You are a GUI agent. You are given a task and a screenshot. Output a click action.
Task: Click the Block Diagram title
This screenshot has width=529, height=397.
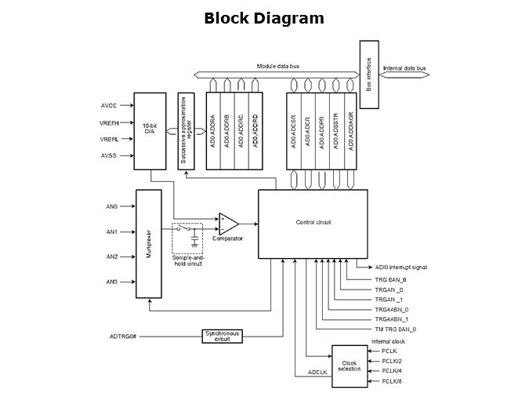(264, 18)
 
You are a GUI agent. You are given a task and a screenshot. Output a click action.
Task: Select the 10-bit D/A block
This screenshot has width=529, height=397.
(150, 131)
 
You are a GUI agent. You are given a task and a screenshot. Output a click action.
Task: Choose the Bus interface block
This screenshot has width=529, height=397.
(368, 77)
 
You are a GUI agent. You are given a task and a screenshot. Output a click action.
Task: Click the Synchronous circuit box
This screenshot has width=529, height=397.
(223, 336)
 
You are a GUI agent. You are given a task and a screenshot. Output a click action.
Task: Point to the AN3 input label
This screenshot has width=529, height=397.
(111, 282)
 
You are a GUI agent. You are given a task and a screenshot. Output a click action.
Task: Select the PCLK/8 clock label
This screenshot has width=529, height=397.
(392, 381)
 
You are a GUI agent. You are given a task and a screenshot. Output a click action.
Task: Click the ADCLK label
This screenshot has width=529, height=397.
(317, 372)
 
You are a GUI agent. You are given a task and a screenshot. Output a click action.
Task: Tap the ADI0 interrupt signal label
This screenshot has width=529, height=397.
(400, 267)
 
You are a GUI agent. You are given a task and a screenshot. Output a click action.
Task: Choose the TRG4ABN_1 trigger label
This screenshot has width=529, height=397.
(391, 320)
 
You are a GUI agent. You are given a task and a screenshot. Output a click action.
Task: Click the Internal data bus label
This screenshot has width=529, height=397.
(404, 69)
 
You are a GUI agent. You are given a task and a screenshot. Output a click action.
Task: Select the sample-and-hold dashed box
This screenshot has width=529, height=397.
(187, 239)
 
